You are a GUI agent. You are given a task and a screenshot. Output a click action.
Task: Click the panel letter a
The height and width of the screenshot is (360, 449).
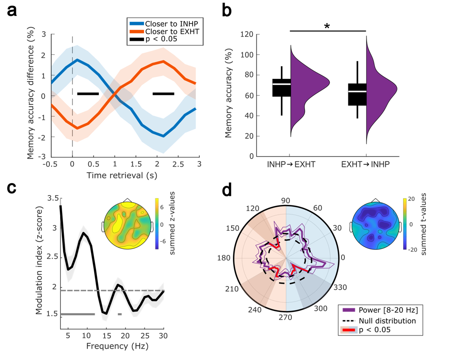(13, 13)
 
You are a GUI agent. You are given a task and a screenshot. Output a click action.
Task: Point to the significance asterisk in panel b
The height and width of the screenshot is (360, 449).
(327, 26)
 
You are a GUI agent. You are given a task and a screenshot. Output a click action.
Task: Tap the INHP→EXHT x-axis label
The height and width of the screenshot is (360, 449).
(290, 166)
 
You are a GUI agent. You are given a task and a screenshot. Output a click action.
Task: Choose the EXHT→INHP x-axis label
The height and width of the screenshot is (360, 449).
(366, 166)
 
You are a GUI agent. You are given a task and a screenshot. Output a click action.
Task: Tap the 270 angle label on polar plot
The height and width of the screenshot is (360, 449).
(286, 317)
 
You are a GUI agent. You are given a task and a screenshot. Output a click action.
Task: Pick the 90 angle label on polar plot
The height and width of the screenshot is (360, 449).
(286, 201)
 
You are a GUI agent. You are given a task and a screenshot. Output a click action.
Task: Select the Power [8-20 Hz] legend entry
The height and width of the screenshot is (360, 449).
(386, 311)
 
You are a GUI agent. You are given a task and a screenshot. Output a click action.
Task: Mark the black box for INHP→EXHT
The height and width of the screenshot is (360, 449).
(282, 88)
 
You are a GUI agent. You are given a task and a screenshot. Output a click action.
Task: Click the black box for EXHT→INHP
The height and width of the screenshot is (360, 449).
(357, 94)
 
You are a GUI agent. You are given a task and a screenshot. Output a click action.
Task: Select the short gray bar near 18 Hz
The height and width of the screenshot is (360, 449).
(120, 314)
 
